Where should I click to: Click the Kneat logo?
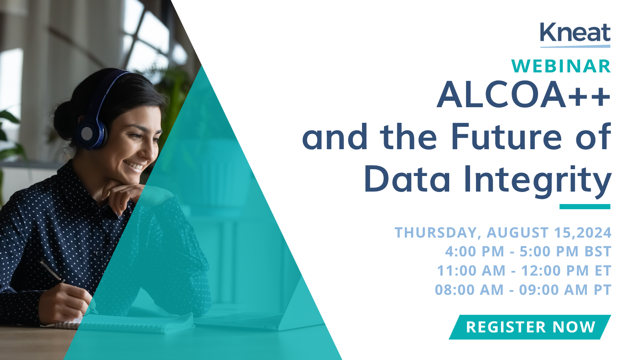575,35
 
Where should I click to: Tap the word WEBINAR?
561,66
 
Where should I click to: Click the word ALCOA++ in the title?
524,94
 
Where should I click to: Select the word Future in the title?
506,137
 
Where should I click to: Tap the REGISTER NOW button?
530,327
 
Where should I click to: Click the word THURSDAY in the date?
436,232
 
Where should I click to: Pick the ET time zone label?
603,270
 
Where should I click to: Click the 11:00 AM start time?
471,270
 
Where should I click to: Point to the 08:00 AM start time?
469,290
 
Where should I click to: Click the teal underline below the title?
585,206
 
